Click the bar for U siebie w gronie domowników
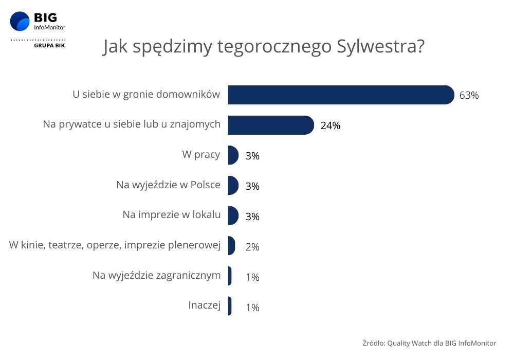tap(340, 95)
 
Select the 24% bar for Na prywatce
tap(270, 125)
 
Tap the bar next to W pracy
tap(233, 155)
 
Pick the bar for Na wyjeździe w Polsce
tap(233, 186)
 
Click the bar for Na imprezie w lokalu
tap(233, 216)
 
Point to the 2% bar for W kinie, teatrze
tap(231, 246)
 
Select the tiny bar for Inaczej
tap(230, 307)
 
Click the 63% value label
tap(469, 96)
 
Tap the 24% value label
tap(330, 125)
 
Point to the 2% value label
tap(252, 247)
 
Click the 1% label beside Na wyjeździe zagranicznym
tap(252, 277)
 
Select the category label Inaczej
tap(204, 306)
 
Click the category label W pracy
tap(201, 155)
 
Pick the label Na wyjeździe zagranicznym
tap(156, 276)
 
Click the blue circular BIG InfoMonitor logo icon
tap(20, 22)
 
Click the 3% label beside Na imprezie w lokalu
tap(252, 217)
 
